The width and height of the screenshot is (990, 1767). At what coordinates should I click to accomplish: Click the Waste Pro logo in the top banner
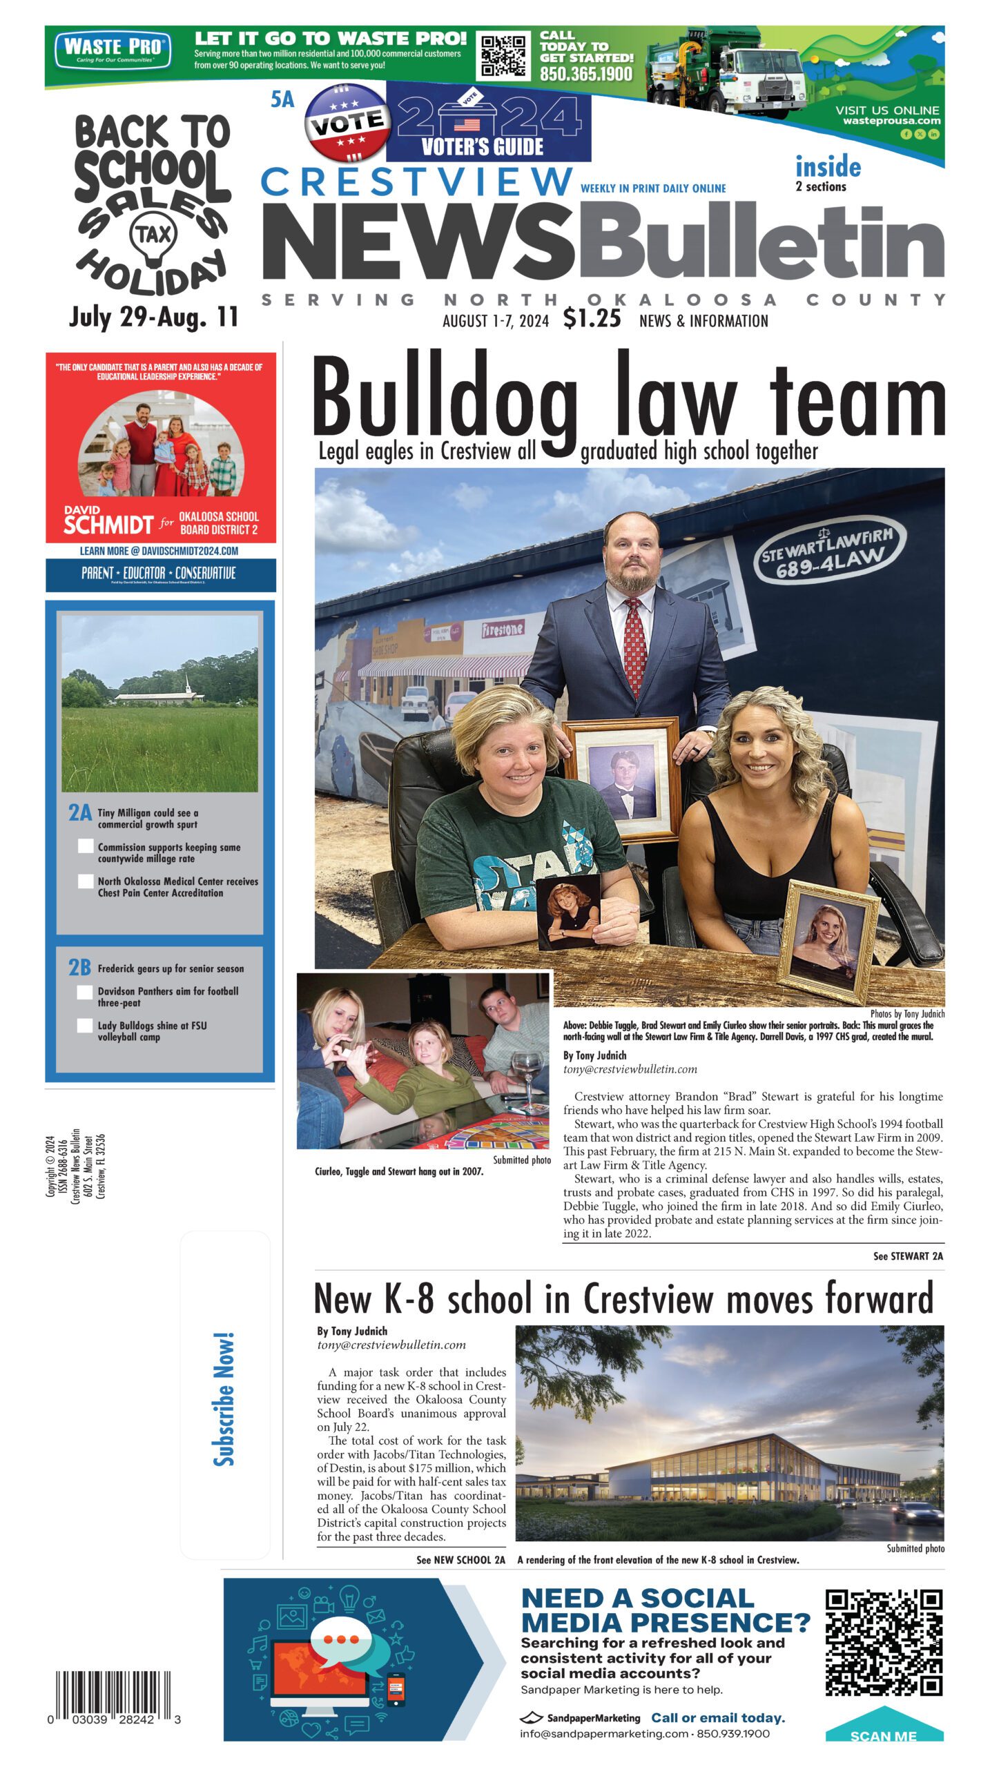pyautogui.click(x=113, y=50)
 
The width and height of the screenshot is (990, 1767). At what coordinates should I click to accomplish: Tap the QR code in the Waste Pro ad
pyautogui.click(x=503, y=55)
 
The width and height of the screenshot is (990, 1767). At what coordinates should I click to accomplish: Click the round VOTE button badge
pyautogui.click(x=345, y=122)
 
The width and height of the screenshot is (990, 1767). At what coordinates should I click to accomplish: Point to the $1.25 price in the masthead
pyautogui.click(x=592, y=318)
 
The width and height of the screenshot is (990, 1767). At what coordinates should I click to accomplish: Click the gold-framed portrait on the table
pyautogui.click(x=827, y=939)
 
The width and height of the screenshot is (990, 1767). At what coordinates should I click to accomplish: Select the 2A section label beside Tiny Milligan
pyautogui.click(x=79, y=812)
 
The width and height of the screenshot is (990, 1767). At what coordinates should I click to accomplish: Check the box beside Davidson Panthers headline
pyautogui.click(x=85, y=992)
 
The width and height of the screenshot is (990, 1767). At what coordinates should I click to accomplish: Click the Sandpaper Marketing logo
pyautogui.click(x=580, y=1718)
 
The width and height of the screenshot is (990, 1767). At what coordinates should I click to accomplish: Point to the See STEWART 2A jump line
pyautogui.click(x=907, y=1256)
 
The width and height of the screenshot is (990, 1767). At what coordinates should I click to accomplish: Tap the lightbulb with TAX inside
pyautogui.click(x=153, y=238)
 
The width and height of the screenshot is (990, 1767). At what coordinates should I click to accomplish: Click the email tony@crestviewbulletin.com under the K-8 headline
pyautogui.click(x=391, y=1345)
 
